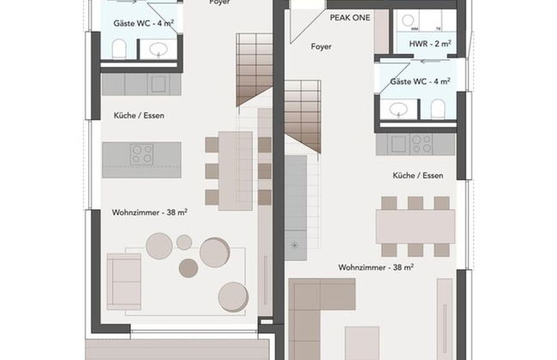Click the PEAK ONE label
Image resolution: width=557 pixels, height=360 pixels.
(x=350, y=17)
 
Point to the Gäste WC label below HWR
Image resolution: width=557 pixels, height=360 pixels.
(x=420, y=81)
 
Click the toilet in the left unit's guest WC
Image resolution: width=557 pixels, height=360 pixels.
(x=119, y=47)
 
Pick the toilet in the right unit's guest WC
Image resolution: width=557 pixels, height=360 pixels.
(x=438, y=109)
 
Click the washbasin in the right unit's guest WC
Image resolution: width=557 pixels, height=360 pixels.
(x=398, y=109)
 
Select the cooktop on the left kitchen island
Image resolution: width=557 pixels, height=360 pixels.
(x=141, y=154)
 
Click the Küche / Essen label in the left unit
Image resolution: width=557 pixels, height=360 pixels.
(x=138, y=115)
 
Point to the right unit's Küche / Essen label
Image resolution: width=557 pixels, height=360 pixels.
(x=418, y=176)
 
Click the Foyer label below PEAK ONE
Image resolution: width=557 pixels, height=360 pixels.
(x=321, y=46)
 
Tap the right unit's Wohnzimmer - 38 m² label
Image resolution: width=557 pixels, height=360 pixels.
(x=376, y=267)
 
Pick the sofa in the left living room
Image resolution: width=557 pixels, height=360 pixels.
(x=125, y=279)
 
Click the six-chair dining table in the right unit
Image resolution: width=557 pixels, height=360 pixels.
(x=415, y=226)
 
